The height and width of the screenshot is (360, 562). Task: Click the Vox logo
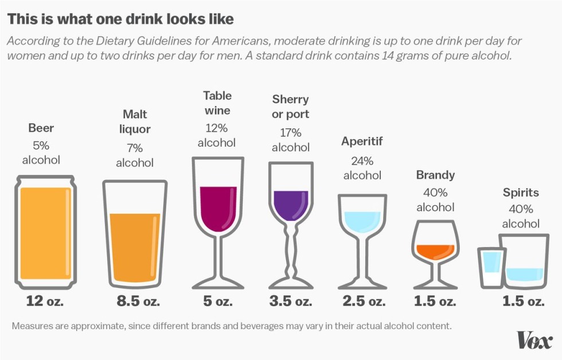tap(534, 341)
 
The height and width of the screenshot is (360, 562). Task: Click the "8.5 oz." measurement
tap(135, 301)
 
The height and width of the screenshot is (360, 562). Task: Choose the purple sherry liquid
tap(291, 205)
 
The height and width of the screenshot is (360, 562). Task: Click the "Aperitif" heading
tap(362, 141)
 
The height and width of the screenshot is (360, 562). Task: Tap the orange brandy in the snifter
tap(435, 251)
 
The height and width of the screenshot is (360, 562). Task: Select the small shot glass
tap(491, 267)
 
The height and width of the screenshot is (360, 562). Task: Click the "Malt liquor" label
tap(135, 122)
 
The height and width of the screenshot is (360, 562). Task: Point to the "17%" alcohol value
tap(291, 132)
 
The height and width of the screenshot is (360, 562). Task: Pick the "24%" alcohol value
tap(362, 161)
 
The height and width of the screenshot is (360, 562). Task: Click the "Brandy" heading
tap(435, 175)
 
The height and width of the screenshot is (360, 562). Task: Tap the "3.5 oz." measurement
tap(291, 301)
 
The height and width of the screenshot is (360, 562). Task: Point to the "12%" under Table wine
tap(217, 127)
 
